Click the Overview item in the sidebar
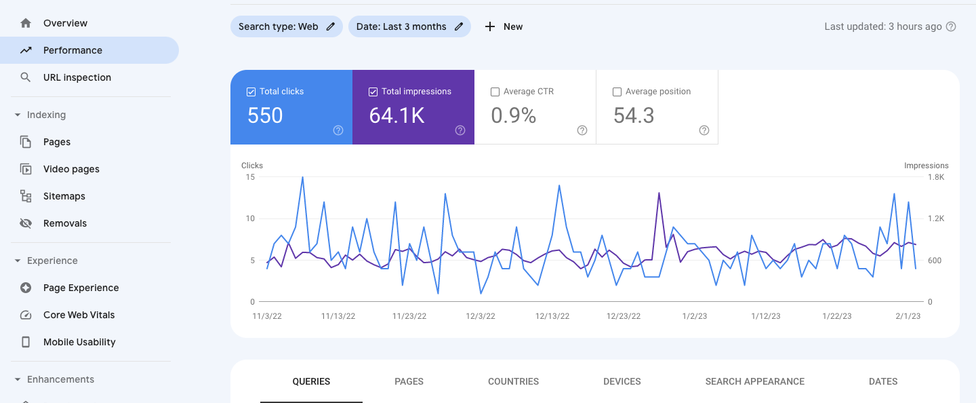point(65,23)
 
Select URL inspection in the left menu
point(77,77)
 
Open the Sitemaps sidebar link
point(64,196)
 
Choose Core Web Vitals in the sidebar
point(79,315)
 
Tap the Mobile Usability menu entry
point(79,342)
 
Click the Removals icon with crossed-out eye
point(26,223)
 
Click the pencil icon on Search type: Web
point(331,26)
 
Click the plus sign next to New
point(490,26)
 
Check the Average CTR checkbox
point(495,92)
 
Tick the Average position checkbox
point(617,92)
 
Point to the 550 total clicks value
point(265,115)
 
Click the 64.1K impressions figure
point(396,115)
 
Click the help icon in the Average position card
point(704,130)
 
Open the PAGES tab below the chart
point(409,381)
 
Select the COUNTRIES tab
point(513,381)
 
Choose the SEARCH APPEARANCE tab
point(754,381)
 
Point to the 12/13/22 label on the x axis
point(552,316)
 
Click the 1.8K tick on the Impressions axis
point(936,177)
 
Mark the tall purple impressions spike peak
point(659,193)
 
